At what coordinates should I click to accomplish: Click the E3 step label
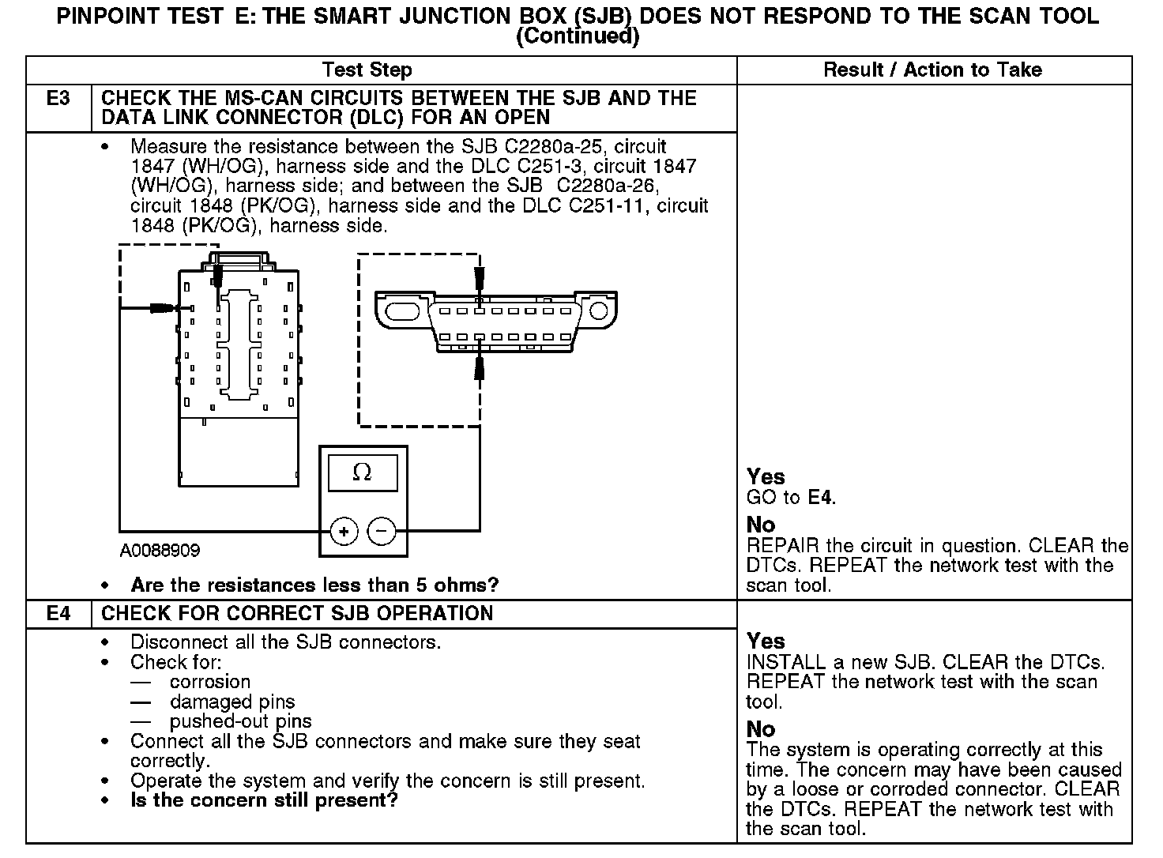click(x=58, y=99)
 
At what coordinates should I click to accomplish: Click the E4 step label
click(x=58, y=614)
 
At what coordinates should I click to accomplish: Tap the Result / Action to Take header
click(x=932, y=70)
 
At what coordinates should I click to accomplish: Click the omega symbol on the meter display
click(x=362, y=472)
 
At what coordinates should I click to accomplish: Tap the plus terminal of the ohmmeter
click(x=344, y=532)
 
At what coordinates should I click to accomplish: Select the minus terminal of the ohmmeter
click(x=382, y=532)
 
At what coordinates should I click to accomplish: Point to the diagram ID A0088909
click(x=160, y=551)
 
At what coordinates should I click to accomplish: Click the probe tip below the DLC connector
click(x=479, y=368)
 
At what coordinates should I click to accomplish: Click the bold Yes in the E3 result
click(x=766, y=477)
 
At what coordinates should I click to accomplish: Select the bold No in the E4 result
click(x=761, y=729)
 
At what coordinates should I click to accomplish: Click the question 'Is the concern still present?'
click(x=264, y=800)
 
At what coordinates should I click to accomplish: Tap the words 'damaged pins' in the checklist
click(x=231, y=702)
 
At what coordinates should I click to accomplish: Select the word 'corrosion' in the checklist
click(x=209, y=682)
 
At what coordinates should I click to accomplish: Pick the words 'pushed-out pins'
click(x=240, y=721)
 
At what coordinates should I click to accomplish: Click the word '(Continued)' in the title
click(x=577, y=36)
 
